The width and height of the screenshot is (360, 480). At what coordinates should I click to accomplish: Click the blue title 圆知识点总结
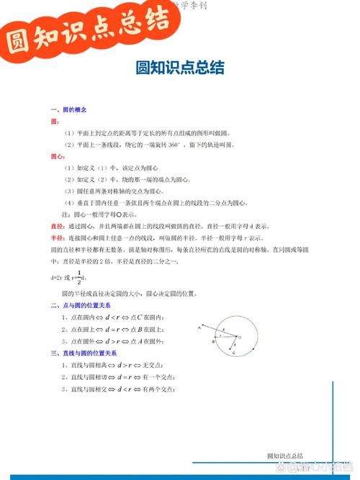180,68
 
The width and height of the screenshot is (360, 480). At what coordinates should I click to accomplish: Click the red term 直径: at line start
58,226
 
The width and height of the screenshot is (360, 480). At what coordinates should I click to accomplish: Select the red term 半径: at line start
58,237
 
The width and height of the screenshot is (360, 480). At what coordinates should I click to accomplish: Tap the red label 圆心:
57,156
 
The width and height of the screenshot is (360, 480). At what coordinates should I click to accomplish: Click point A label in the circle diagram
199,328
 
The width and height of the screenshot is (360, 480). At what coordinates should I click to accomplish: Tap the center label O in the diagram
240,336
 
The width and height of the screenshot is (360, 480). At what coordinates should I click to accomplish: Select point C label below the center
234,354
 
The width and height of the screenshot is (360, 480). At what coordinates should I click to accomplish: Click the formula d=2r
57,277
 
